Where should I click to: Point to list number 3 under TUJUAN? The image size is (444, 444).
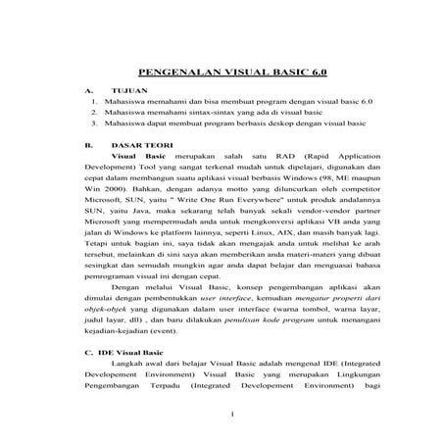click(92, 124)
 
